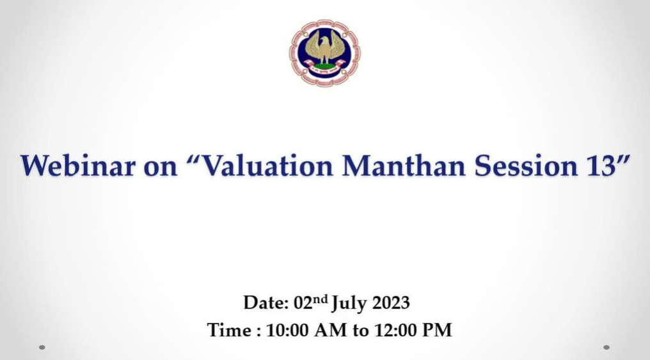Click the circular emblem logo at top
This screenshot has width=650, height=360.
[x=324, y=53]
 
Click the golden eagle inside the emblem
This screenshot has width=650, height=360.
[x=324, y=49]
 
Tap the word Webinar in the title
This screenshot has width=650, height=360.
[x=78, y=166]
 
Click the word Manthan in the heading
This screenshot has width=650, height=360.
[x=404, y=166]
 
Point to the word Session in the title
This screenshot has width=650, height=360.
[x=526, y=166]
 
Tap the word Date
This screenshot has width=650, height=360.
[x=266, y=303]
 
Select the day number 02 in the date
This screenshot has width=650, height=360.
[x=303, y=303]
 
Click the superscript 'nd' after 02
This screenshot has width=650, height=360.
[x=320, y=299]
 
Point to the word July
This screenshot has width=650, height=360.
[x=349, y=304]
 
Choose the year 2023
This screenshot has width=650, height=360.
[x=390, y=303]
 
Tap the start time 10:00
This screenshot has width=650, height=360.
[x=287, y=331]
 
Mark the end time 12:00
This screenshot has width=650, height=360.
[x=395, y=331]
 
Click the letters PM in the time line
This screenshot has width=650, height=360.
[x=437, y=331]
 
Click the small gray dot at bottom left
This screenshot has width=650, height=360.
[x=42, y=347]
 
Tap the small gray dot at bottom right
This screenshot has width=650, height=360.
[x=606, y=347]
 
